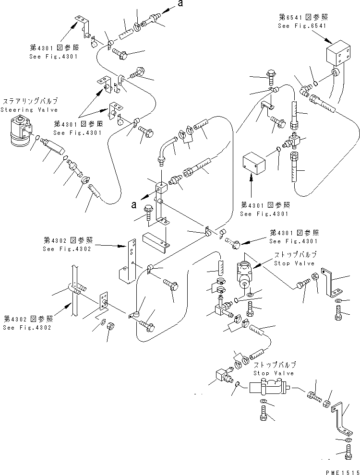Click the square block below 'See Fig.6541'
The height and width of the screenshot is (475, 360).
pyautogui.click(x=339, y=57)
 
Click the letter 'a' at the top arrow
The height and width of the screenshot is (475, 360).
pyautogui.click(x=180, y=4)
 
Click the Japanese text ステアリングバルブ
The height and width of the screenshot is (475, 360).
pyautogui.click(x=30, y=101)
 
